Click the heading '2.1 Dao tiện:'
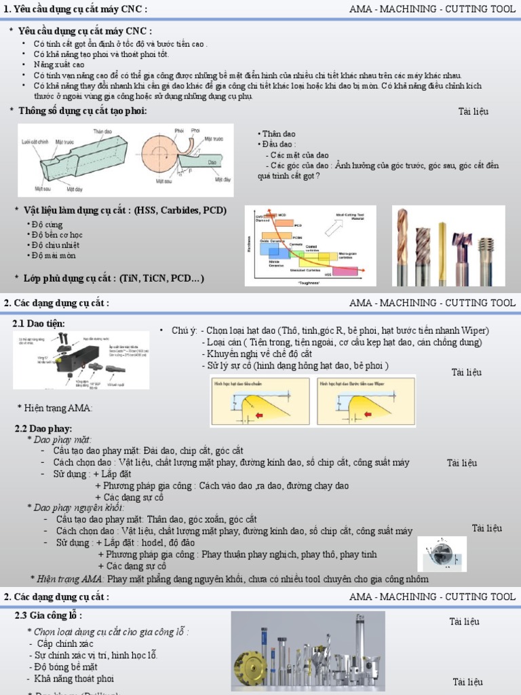point(39,324)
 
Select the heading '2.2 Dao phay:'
point(42,428)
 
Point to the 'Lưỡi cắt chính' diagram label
point(37,143)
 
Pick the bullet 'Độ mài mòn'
point(54,256)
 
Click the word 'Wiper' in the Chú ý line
point(475,331)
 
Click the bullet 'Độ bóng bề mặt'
point(64,667)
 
